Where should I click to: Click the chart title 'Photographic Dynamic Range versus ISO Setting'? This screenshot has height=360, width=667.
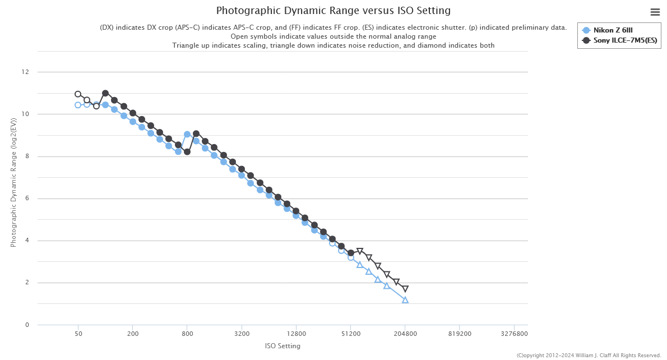(x=333, y=11)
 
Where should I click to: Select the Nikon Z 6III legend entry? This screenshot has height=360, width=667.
(x=613, y=30)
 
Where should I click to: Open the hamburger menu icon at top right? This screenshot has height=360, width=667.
(x=655, y=12)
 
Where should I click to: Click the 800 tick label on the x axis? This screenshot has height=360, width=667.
(x=187, y=333)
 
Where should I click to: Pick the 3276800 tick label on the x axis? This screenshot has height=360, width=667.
(x=513, y=333)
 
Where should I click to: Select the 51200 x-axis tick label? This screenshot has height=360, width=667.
(x=350, y=333)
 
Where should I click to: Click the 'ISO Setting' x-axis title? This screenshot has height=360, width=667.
(x=282, y=346)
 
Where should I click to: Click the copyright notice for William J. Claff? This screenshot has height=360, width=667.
(x=589, y=356)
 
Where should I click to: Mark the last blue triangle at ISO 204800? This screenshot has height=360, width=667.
(x=405, y=300)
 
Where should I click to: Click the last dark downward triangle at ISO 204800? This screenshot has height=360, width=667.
(x=405, y=289)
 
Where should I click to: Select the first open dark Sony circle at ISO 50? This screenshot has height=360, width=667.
(x=78, y=94)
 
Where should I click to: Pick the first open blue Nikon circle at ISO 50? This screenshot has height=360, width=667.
(x=78, y=105)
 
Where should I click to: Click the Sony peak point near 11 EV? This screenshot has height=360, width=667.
(x=105, y=93)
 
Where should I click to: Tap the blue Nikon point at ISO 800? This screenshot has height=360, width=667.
(x=187, y=135)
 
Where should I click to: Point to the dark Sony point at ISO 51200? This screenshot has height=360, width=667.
(x=351, y=253)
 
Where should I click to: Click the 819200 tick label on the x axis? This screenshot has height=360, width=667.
(x=459, y=333)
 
